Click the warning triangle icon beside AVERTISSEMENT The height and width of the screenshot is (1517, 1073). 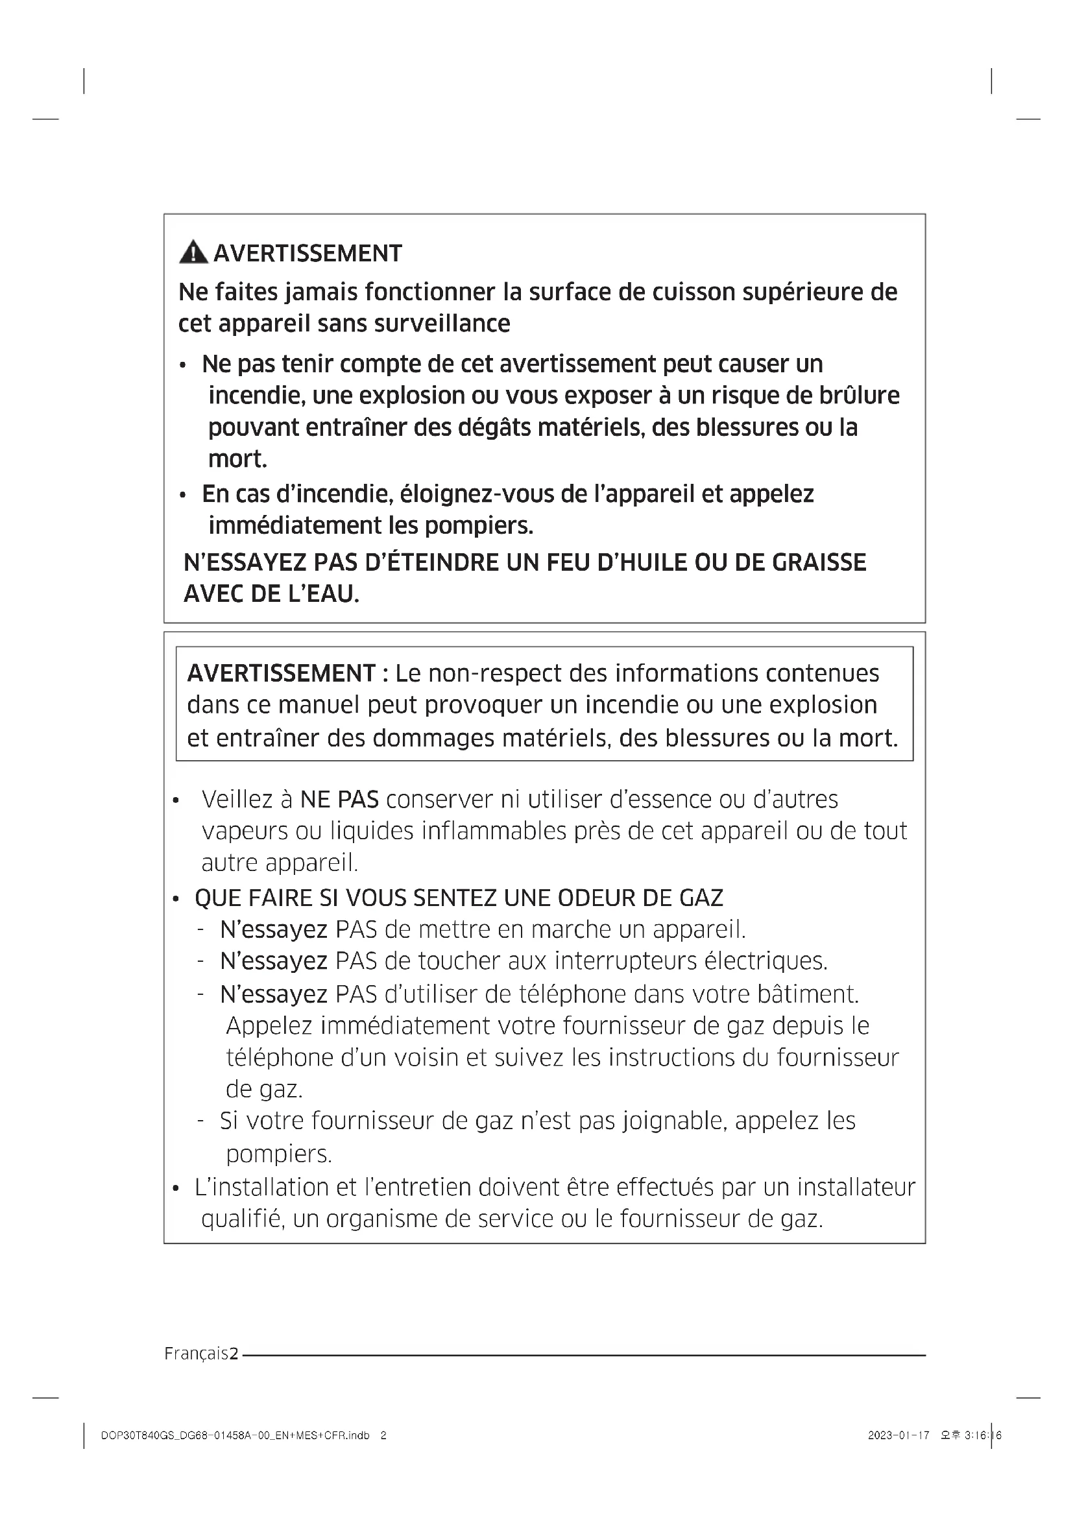tap(193, 253)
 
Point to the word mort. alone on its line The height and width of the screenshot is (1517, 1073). tap(238, 459)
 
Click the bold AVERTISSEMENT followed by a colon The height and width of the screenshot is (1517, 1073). tap(282, 673)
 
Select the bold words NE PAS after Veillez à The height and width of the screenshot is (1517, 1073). tap(339, 800)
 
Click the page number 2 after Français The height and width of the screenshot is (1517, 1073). tap(234, 1354)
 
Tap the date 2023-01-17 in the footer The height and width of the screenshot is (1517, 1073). tap(898, 1435)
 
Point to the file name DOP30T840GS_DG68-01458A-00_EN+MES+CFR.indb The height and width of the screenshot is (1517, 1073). tap(235, 1435)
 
